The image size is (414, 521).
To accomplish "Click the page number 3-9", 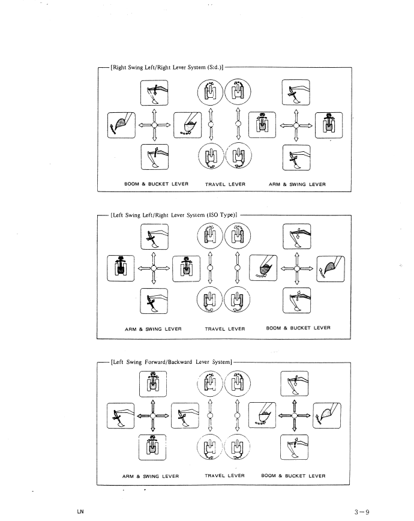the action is (x=362, y=512).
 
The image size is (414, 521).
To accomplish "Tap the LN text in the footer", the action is (x=80, y=511).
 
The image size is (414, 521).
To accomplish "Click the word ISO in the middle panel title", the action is (x=214, y=215).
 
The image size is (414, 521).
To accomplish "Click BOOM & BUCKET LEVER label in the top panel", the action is (x=156, y=184).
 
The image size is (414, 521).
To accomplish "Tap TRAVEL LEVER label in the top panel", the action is (x=225, y=184).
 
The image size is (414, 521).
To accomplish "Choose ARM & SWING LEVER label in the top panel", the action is (x=297, y=184).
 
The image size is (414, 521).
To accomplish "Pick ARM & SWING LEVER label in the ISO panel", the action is (x=153, y=329).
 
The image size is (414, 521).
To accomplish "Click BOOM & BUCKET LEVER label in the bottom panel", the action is (x=293, y=475).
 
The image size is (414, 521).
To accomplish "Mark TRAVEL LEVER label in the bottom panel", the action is (x=224, y=475).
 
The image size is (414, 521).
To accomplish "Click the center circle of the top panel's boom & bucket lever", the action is (x=154, y=125).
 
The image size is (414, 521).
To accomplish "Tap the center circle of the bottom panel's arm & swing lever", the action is (x=152, y=416).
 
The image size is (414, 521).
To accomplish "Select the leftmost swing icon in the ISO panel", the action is (x=121, y=268).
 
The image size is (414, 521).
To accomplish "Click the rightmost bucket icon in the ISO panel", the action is (x=331, y=269).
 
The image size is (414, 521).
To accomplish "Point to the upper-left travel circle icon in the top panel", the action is (x=210, y=91).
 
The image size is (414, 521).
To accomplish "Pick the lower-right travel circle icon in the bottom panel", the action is (x=237, y=447).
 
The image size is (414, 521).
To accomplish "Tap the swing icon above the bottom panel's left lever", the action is (x=153, y=384).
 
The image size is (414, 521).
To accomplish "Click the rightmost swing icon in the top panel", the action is (x=329, y=125).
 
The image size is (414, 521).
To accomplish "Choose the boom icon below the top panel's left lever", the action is (x=155, y=157).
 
